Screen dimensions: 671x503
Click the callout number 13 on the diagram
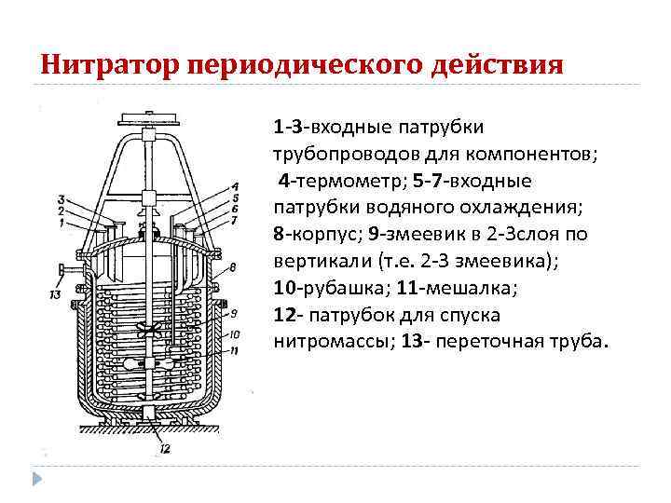(57, 296)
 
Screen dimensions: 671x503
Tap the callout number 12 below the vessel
(164, 449)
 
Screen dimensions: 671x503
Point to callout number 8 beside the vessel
(232, 267)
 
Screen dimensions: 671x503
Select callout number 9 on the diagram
(233, 312)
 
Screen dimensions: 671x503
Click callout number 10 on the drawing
(234, 333)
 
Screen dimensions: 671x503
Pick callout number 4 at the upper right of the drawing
(234, 186)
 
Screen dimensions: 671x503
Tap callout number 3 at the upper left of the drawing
(61, 198)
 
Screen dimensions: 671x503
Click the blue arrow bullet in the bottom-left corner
(38, 479)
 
